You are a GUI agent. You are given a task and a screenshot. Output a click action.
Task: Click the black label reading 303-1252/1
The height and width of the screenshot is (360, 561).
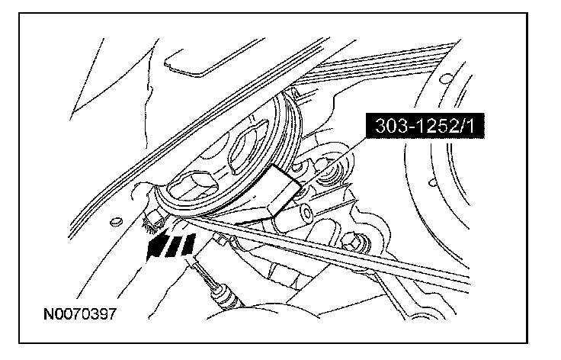[x=425, y=126]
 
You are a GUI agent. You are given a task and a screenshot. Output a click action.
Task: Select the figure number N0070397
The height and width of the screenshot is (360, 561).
[x=80, y=314]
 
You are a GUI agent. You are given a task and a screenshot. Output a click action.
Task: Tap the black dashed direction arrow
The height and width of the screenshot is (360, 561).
[x=171, y=246]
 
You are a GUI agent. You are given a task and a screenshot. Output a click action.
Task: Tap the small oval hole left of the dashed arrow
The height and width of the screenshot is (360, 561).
[x=116, y=222]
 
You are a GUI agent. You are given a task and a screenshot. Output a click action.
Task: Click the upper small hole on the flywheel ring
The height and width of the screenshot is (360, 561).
[x=445, y=78]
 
